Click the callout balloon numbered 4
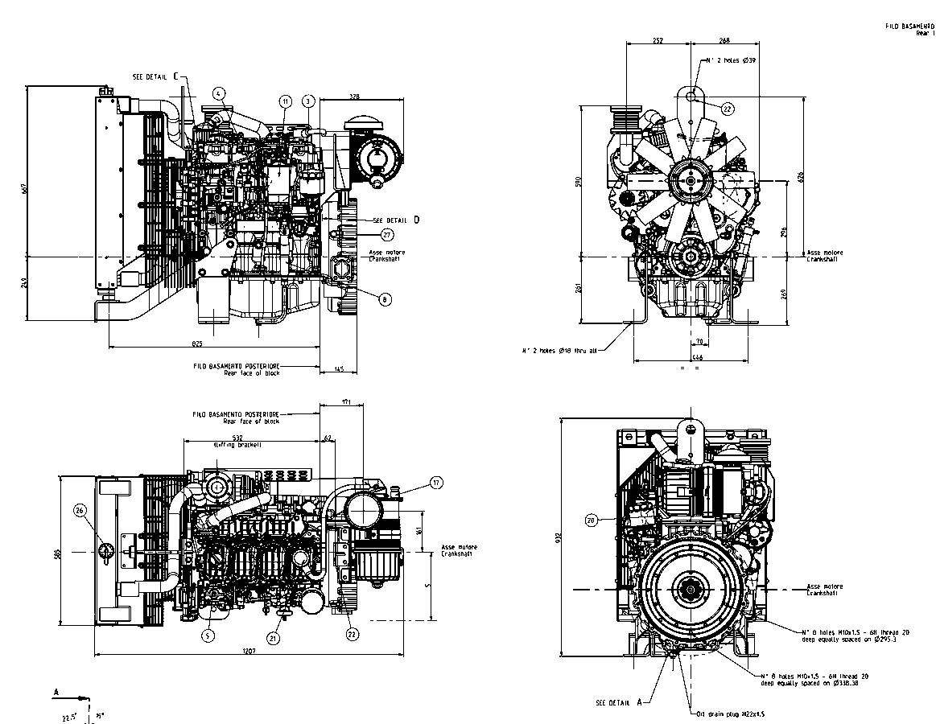218,93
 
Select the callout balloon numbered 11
286,101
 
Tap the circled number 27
387,235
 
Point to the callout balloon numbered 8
385,298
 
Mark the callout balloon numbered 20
592,520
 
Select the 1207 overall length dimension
248,651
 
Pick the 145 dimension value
339,368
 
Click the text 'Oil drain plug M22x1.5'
731,714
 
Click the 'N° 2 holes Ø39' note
730,60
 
